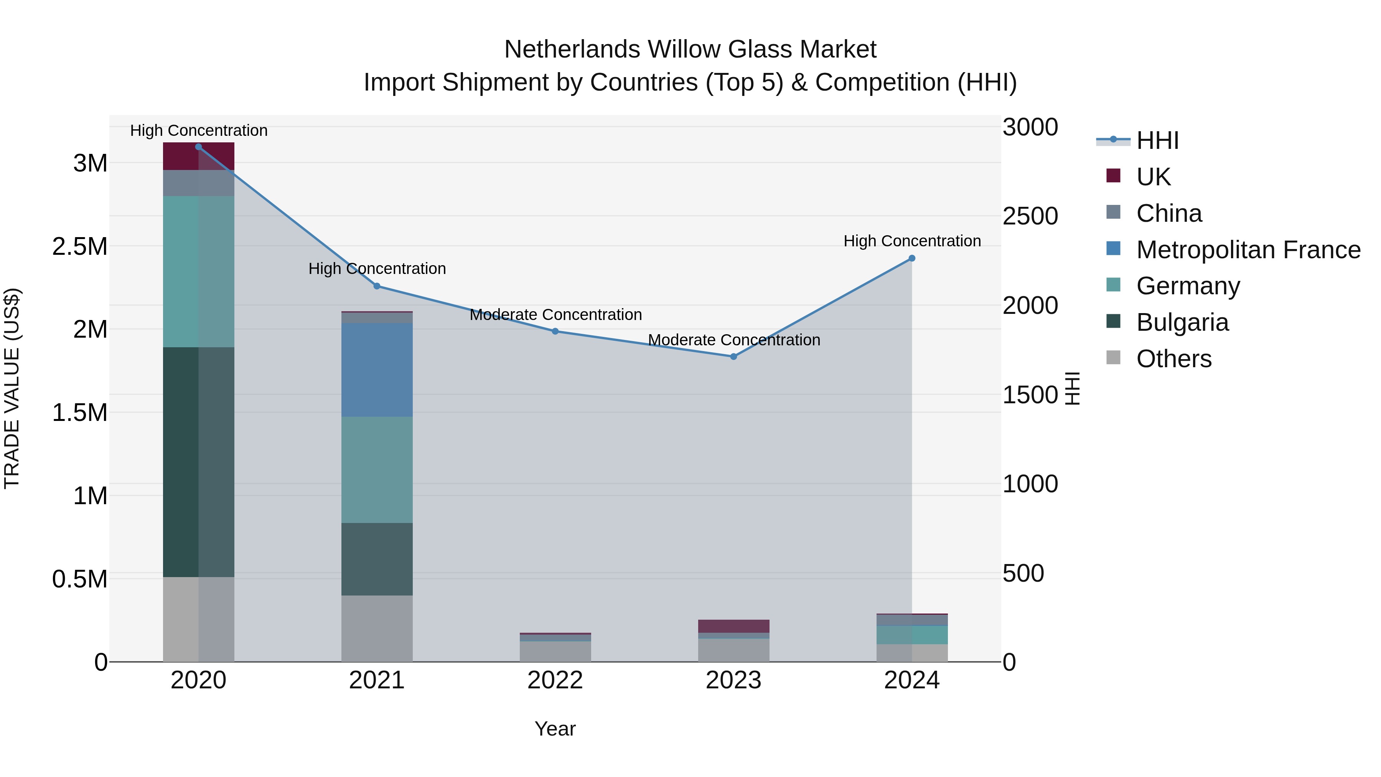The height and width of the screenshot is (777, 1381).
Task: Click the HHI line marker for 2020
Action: pyautogui.click(x=198, y=147)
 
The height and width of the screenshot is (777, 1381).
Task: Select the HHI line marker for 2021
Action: pyautogui.click(x=377, y=286)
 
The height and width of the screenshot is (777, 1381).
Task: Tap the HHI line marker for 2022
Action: pyautogui.click(x=555, y=332)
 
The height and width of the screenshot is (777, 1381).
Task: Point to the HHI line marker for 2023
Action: pyautogui.click(x=733, y=356)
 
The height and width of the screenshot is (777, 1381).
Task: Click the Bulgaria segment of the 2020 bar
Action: pyautogui.click(x=198, y=462)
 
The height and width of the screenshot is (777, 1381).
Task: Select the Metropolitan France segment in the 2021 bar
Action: pyautogui.click(x=377, y=370)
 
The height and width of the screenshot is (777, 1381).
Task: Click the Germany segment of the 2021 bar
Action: pyautogui.click(x=377, y=470)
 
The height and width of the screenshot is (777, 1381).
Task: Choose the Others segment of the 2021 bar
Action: pyautogui.click(x=377, y=629)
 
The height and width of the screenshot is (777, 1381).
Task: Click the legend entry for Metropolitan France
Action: pyautogui.click(x=1248, y=250)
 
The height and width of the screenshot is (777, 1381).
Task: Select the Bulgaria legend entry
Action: pyautogui.click(x=1182, y=322)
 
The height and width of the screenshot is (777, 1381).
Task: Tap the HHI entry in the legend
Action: pyautogui.click(x=1157, y=140)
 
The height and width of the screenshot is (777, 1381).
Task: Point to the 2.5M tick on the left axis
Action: pyautogui.click(x=79, y=247)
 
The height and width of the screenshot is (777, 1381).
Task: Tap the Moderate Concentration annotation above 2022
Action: pyautogui.click(x=555, y=315)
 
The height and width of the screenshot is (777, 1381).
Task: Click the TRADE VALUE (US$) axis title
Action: pyautogui.click(x=12, y=388)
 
